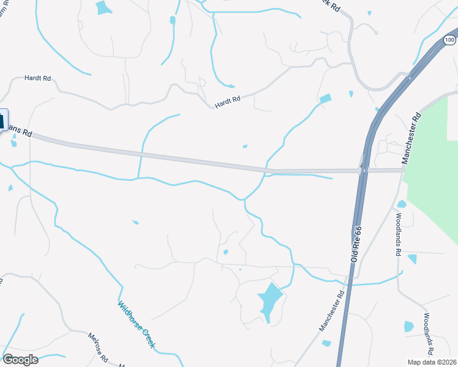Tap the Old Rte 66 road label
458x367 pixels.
point(356,244)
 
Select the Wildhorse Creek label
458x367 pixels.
point(136,324)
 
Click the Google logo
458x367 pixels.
point(20,360)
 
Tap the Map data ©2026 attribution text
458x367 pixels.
point(432,361)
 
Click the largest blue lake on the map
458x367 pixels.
point(270,300)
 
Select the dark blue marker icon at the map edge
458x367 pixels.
point(2,119)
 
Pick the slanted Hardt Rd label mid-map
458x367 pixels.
point(228,102)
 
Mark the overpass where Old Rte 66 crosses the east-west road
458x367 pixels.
point(363,171)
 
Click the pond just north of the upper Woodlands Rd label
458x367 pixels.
point(402,204)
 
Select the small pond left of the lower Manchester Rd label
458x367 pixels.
point(326,343)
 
